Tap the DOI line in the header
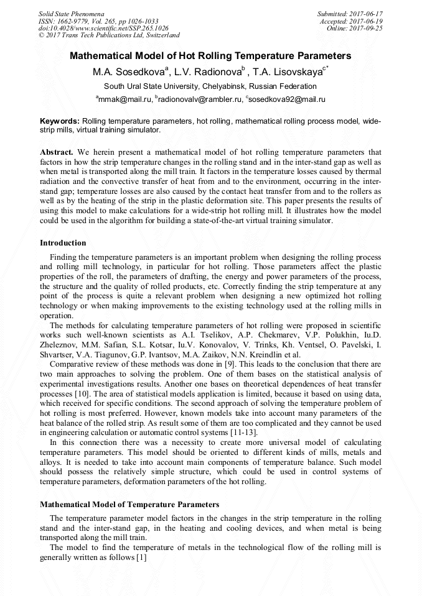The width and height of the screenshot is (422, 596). coord(103,28)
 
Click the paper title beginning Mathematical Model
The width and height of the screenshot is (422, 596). coord(210,56)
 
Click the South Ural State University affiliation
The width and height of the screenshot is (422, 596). coord(210,86)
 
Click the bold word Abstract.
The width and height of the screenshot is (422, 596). coord(57,152)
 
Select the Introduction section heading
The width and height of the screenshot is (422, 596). coord(63,243)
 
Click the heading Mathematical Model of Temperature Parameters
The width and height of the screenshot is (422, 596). coord(129,504)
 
